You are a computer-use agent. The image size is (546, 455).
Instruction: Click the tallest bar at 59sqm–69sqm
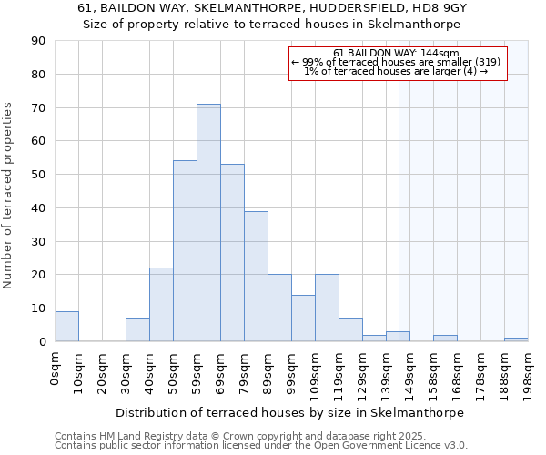208,223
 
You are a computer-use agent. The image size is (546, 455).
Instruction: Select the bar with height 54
185,251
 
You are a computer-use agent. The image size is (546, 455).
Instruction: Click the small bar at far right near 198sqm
516,339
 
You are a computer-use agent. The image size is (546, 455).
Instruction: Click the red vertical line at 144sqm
399,209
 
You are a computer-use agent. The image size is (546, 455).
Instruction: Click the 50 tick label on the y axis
39,175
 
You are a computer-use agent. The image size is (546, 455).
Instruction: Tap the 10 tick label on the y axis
39,308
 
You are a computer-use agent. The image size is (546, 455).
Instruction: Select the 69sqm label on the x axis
221,369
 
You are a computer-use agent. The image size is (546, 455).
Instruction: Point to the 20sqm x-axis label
103,369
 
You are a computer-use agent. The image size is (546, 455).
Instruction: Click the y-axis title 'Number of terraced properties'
9,196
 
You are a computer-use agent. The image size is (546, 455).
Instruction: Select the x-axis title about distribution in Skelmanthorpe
290,412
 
